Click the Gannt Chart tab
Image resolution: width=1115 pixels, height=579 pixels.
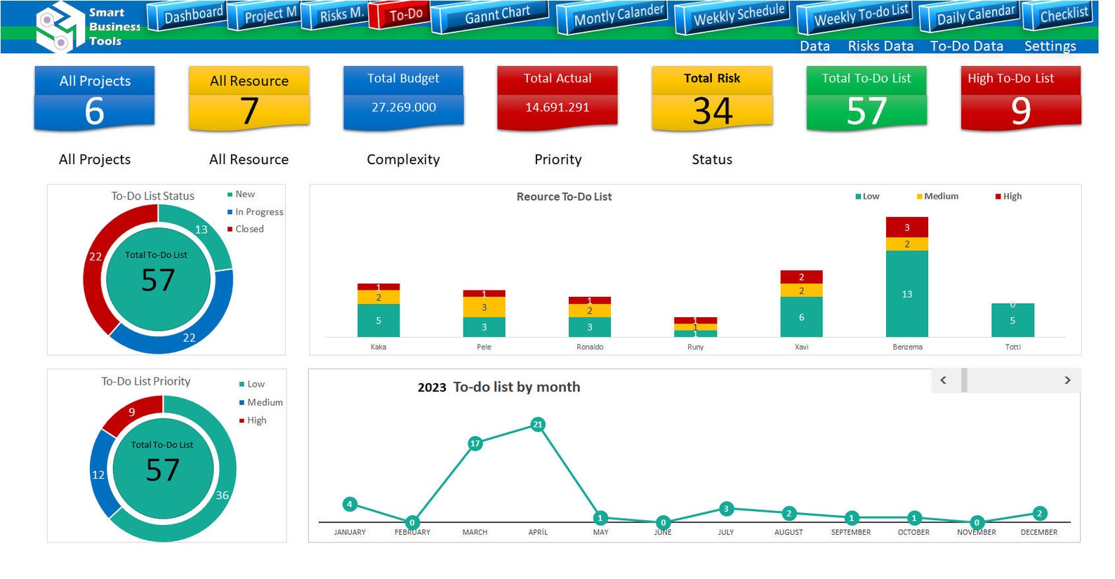(496, 15)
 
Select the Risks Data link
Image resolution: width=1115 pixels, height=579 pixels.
(880, 46)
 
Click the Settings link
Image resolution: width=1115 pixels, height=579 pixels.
(1049, 46)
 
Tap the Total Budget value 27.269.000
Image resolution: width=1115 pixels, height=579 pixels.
(404, 107)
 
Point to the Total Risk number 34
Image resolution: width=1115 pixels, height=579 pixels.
(712, 111)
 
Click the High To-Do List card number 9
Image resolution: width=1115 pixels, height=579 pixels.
(1020, 111)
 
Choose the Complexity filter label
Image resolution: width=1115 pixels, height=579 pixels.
(403, 160)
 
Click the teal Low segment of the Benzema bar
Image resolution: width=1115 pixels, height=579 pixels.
(906, 293)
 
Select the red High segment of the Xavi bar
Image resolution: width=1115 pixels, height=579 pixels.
(801, 277)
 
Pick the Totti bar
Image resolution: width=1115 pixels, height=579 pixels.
(1012, 320)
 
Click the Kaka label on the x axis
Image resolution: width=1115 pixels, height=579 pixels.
(378, 347)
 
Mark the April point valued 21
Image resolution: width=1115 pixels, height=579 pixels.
(538, 424)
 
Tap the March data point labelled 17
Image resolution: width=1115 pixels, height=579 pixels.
(475, 443)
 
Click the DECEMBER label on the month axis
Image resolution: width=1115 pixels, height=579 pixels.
(1038, 533)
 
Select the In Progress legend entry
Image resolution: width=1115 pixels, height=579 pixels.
(258, 212)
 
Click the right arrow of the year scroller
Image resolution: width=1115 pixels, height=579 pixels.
(1067, 380)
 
